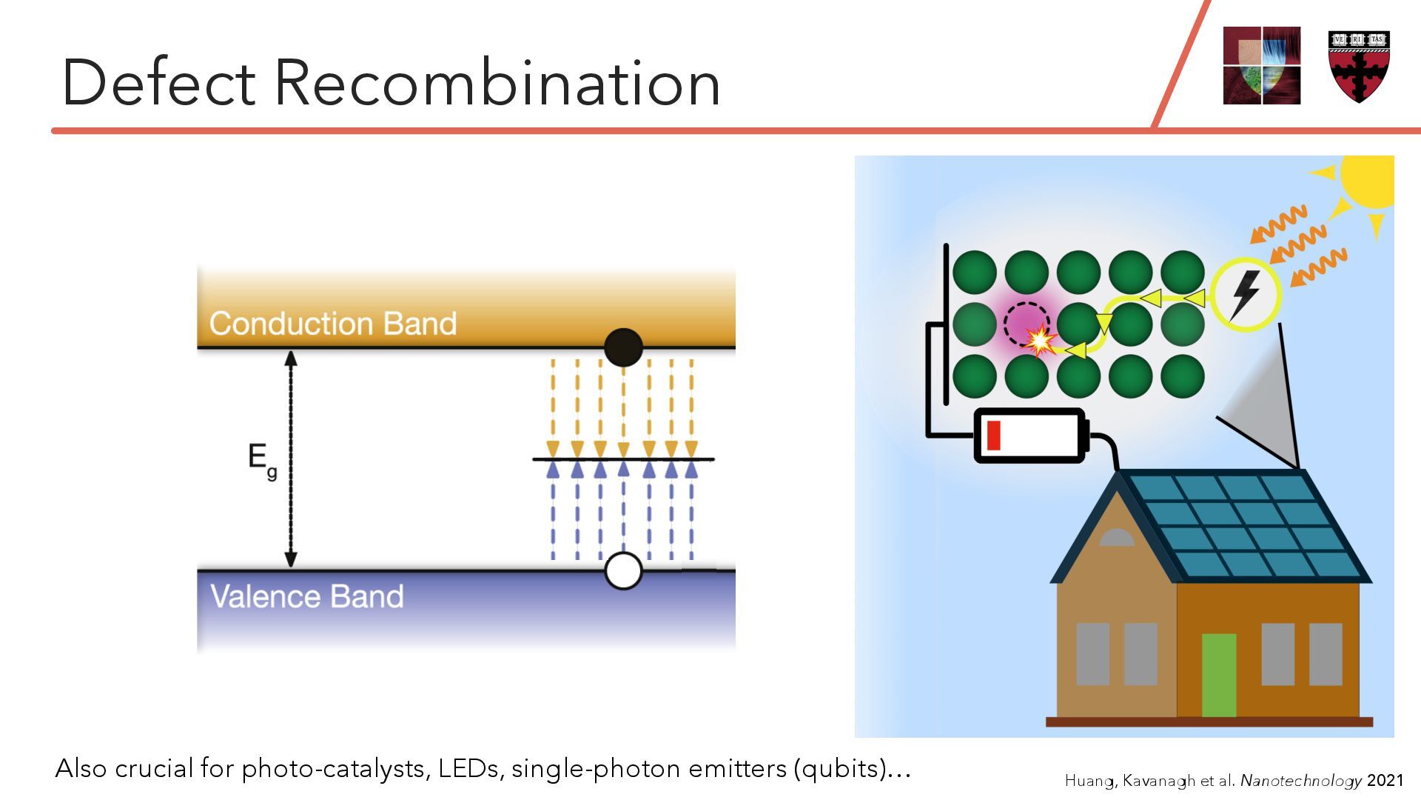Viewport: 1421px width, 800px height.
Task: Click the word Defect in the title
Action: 158,83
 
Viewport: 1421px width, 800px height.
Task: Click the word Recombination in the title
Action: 497,83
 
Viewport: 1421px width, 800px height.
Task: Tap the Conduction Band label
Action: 333,324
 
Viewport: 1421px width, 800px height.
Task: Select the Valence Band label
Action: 307,596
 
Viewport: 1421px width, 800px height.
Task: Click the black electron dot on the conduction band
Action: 623,347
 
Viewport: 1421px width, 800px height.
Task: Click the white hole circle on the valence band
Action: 623,571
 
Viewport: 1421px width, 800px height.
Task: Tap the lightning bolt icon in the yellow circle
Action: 1246,294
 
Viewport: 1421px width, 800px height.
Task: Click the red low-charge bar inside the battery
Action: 993,436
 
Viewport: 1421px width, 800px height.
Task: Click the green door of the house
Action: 1218,674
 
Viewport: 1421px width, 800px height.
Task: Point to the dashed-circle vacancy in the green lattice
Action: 1026,324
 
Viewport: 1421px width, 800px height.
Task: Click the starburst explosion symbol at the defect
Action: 1040,341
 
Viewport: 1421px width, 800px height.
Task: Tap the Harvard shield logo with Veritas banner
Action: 1359,66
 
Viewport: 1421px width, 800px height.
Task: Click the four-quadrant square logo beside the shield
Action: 1262,66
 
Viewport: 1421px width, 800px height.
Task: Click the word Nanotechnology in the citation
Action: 1301,780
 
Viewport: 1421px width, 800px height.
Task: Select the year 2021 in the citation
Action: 1385,780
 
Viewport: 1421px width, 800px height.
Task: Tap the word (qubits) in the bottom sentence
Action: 840,768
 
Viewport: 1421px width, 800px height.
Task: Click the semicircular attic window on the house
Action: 1116,538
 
